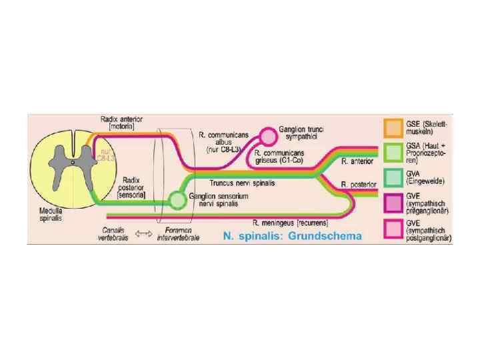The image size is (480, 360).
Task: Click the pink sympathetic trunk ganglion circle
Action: (x=268, y=136)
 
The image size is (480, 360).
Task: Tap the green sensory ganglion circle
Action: (x=177, y=199)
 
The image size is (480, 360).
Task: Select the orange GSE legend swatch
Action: (x=393, y=127)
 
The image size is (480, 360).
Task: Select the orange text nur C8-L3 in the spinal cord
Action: (x=107, y=155)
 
